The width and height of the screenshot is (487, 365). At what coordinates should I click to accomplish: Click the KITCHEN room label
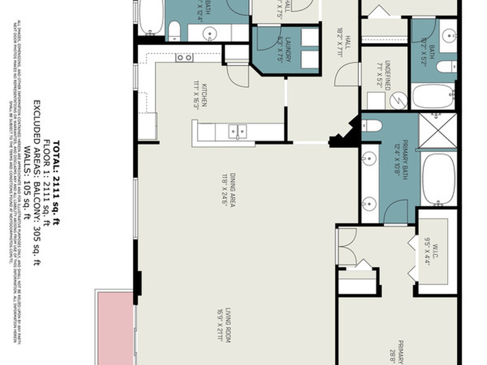(204, 95)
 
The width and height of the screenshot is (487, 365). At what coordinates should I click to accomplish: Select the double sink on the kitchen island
(237, 132)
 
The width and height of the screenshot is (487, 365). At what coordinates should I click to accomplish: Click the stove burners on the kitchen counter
(184, 58)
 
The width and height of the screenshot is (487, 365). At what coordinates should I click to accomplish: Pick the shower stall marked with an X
(438, 131)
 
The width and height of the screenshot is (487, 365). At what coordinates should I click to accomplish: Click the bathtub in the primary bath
(438, 179)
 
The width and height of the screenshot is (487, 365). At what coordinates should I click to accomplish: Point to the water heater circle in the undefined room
(399, 100)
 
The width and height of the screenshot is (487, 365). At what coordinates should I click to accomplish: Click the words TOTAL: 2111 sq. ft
(57, 182)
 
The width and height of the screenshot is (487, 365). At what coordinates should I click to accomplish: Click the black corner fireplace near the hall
(346, 135)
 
